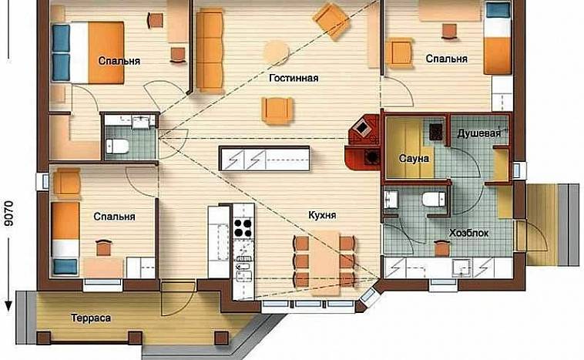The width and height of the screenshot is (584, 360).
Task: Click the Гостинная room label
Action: (x=294, y=79)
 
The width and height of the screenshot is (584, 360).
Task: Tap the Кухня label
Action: (x=322, y=215)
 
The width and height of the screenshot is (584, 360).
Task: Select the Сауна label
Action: (x=414, y=158)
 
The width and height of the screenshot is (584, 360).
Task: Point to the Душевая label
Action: (x=479, y=133)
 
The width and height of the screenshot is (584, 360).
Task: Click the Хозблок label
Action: (x=469, y=234)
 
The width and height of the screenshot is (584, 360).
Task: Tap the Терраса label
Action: (x=90, y=318)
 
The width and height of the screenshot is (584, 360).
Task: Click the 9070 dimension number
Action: (x=9, y=214)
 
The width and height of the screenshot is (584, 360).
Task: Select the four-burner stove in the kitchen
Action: (x=243, y=228)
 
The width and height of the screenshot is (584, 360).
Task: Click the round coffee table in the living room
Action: (x=277, y=52)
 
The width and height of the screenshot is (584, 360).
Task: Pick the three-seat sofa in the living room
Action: (x=210, y=51)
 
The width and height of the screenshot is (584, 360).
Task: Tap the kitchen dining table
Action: (x=325, y=262)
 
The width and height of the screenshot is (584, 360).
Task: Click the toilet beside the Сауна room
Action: (x=434, y=199)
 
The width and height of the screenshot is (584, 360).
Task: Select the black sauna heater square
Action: (x=436, y=133)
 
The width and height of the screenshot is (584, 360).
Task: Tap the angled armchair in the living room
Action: (x=331, y=21)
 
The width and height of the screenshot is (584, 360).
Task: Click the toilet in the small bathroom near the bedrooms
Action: (x=117, y=146)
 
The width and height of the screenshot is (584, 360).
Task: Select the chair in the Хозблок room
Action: (x=442, y=248)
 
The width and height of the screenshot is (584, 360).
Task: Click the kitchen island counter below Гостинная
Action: (x=264, y=159)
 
